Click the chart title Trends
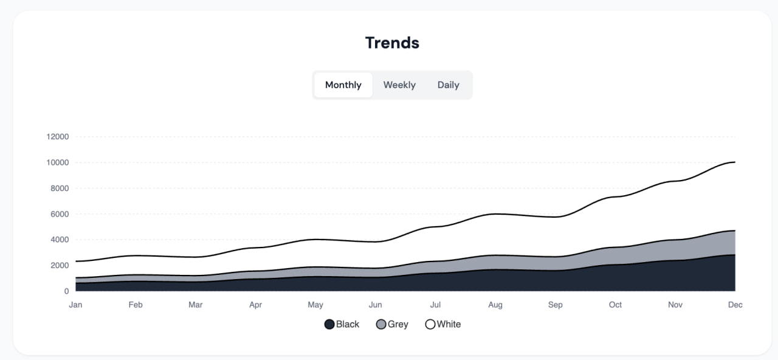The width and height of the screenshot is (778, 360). click(x=392, y=43)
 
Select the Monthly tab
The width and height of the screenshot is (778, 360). click(x=343, y=85)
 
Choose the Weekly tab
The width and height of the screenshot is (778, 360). click(x=399, y=85)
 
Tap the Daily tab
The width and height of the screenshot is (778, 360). click(x=448, y=85)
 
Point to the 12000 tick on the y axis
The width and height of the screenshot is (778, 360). click(x=58, y=137)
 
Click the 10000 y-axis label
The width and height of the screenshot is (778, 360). click(x=58, y=162)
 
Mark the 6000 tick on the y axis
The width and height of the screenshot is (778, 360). click(x=60, y=214)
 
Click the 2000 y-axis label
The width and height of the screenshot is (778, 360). click(x=60, y=266)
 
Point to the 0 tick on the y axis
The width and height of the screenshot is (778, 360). click(x=66, y=291)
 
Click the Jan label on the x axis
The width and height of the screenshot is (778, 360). click(x=75, y=305)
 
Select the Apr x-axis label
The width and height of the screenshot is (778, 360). click(x=255, y=305)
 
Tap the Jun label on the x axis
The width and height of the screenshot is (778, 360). click(x=375, y=305)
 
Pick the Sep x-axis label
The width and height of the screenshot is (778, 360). click(x=555, y=305)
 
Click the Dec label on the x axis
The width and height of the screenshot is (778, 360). click(x=735, y=305)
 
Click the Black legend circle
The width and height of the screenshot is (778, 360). click(x=329, y=324)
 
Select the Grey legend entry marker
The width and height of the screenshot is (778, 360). click(x=381, y=324)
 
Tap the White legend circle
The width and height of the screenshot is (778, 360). click(x=430, y=324)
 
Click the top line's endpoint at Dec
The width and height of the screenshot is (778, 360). click(x=735, y=162)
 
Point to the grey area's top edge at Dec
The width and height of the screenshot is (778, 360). click(x=735, y=230)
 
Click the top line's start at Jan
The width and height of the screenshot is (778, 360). click(x=76, y=261)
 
